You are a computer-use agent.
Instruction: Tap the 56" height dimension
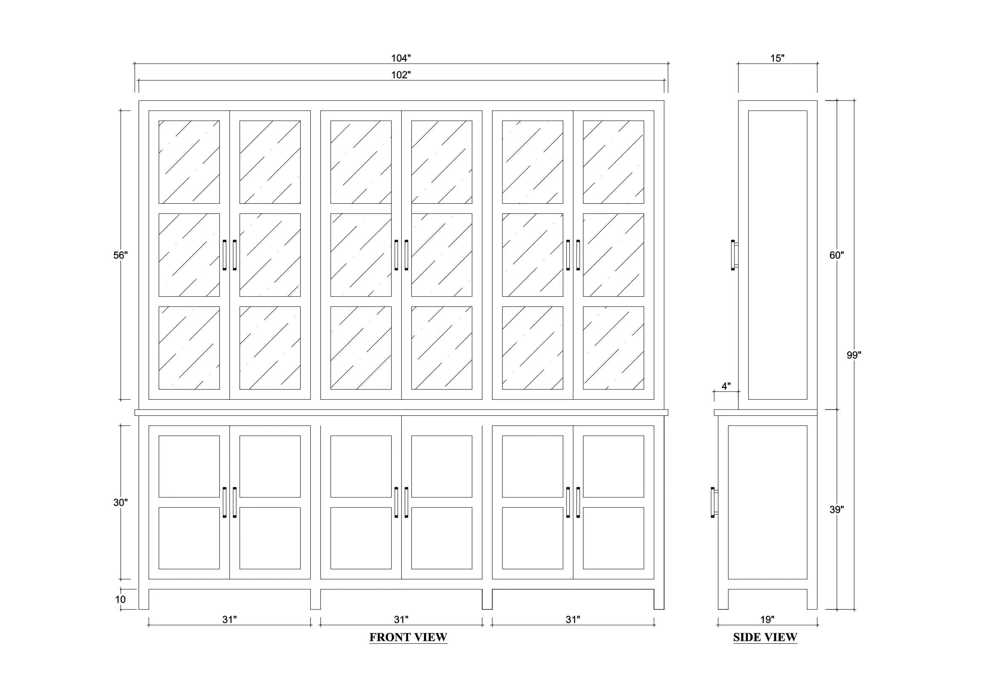click(x=120, y=255)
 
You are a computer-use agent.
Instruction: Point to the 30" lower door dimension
click(x=120, y=502)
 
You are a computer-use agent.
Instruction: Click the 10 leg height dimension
click(x=120, y=599)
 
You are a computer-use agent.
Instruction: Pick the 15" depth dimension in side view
click(x=777, y=58)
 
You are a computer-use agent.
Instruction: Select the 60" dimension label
click(x=837, y=255)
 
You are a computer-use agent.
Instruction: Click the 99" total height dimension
click(x=854, y=355)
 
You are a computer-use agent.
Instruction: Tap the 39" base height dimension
click(x=837, y=510)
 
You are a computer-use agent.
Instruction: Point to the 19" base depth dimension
click(x=767, y=619)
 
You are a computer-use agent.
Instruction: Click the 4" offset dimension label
click(x=726, y=386)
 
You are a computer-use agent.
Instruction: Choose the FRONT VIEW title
click(x=408, y=637)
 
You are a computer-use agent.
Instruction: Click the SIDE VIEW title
click(x=765, y=637)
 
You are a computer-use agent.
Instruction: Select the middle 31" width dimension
click(x=401, y=619)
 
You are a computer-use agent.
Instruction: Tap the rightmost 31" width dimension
click(x=573, y=619)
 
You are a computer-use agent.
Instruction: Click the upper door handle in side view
click(x=734, y=255)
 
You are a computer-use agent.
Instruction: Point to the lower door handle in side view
click(x=714, y=502)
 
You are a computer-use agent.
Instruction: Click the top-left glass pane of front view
click(x=189, y=162)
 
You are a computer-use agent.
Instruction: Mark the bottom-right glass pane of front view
click(x=614, y=348)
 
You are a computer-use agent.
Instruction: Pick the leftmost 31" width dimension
click(x=230, y=619)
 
